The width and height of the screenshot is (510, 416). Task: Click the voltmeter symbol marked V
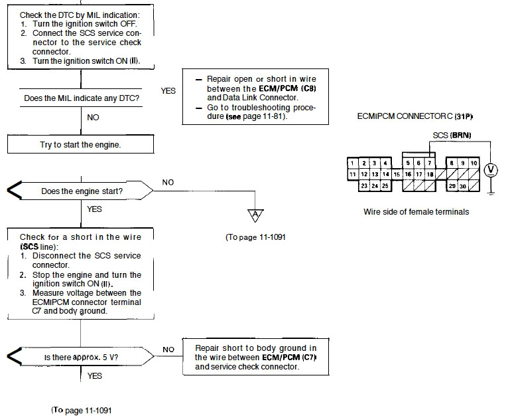(491, 170)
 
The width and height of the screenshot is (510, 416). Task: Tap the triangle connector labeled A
(255, 215)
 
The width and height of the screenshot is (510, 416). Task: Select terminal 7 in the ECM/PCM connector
(430, 163)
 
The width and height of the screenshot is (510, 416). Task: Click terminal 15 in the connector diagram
(397, 174)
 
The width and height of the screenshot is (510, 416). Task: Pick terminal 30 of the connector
(462, 186)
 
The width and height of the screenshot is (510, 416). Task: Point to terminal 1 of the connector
(353, 163)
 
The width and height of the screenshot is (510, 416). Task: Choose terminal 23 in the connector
(364, 185)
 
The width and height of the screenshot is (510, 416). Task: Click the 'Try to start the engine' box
(81, 144)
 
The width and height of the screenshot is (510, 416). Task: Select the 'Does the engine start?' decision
(81, 191)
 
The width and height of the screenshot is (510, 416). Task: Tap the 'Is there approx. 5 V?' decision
(81, 356)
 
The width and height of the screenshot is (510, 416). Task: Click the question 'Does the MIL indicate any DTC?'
(82, 98)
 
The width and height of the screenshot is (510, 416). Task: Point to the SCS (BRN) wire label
(452, 135)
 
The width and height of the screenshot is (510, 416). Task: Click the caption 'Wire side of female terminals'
(416, 212)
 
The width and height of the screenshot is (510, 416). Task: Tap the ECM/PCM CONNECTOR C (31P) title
(414, 116)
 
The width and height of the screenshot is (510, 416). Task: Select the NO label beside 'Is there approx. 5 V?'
(168, 350)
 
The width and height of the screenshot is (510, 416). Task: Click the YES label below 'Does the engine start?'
(94, 209)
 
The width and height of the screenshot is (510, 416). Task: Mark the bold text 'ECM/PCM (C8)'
(288, 88)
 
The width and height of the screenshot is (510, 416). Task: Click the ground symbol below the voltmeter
(491, 192)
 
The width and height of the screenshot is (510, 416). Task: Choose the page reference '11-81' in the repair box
(272, 116)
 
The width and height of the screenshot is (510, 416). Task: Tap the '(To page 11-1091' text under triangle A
(255, 237)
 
